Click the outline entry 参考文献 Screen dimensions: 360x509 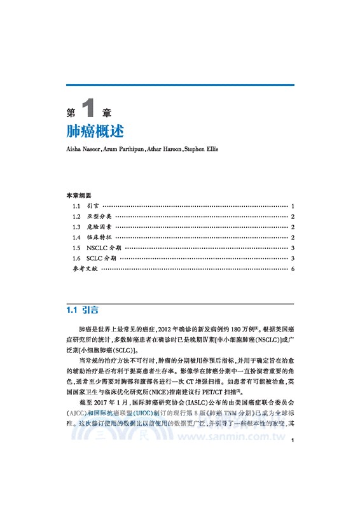[x=85, y=269]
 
